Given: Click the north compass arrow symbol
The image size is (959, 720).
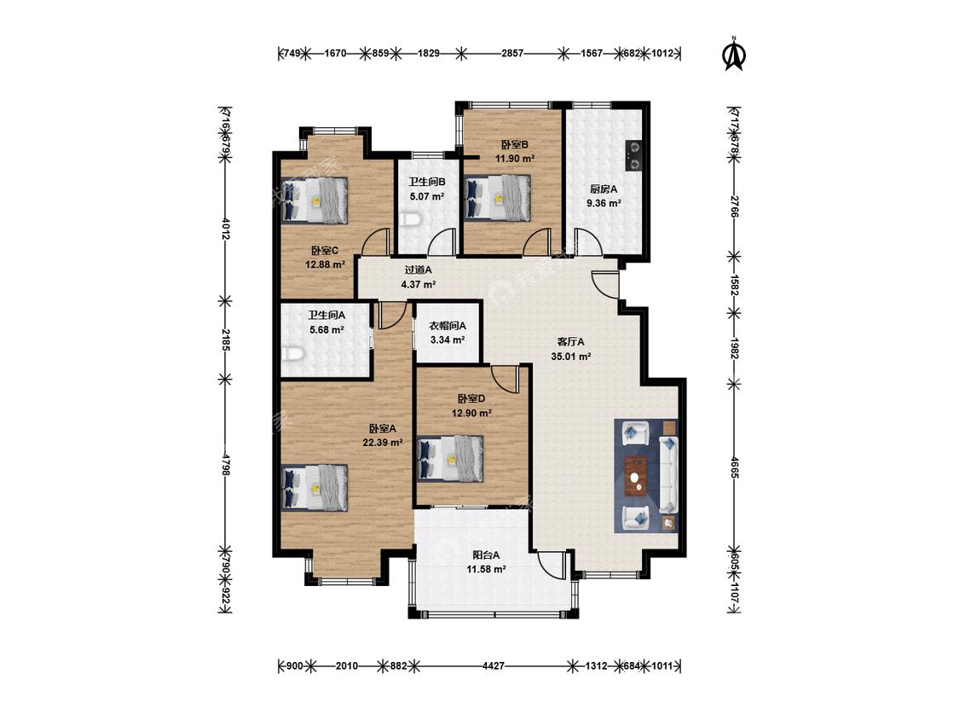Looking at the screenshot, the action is click(x=734, y=54).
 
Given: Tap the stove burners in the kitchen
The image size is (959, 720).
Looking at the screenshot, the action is click(x=633, y=155).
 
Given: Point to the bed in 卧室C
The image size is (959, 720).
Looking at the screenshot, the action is click(x=315, y=200).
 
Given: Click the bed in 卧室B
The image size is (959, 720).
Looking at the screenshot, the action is click(x=497, y=197).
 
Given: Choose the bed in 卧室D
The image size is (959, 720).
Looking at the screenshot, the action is click(x=450, y=458).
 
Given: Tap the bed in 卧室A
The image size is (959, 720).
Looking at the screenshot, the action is click(x=315, y=487).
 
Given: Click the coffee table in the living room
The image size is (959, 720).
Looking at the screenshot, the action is click(x=638, y=475).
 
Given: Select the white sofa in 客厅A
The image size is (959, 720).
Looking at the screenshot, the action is click(x=668, y=474).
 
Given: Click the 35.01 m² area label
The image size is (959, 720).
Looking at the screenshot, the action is click(x=570, y=357).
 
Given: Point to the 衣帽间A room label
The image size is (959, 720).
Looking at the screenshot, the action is click(x=447, y=326).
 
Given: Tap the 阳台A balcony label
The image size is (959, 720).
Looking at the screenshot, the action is click(x=486, y=555).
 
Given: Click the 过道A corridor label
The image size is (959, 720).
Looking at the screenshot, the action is click(x=419, y=270).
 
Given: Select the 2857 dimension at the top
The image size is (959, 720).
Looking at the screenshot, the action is click(x=512, y=53).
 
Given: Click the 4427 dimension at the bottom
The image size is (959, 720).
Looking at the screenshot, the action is click(x=493, y=665).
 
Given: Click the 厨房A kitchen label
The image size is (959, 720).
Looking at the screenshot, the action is click(x=604, y=189).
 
